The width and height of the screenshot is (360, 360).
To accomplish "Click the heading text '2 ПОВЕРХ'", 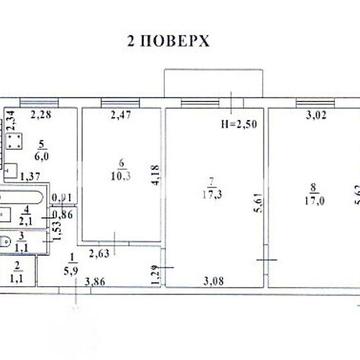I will (x=167, y=45).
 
